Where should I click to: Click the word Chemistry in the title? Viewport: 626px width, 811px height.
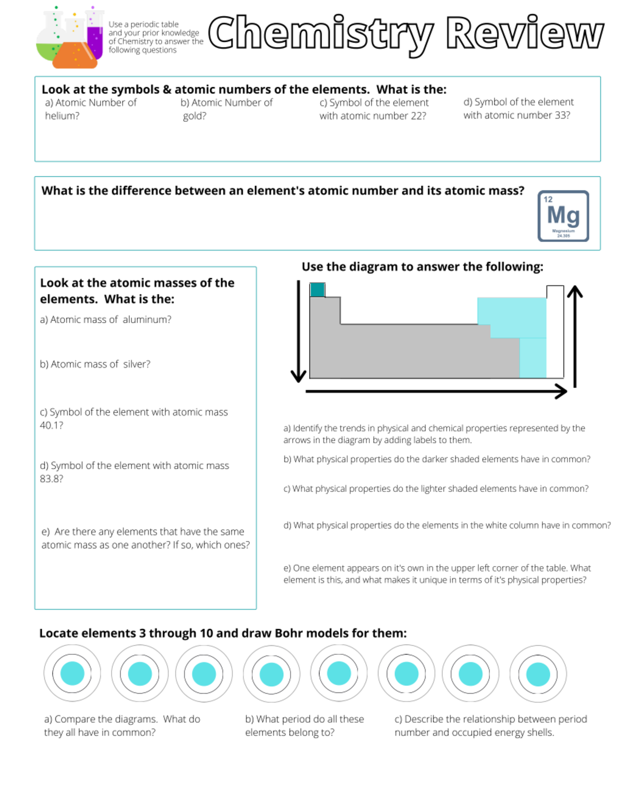(320, 34)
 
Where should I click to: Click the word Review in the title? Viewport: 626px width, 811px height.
(525, 34)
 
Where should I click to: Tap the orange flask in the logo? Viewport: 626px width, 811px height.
(75, 52)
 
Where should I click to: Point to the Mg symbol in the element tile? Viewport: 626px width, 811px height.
(563, 215)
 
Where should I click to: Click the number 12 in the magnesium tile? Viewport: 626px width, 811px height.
(548, 199)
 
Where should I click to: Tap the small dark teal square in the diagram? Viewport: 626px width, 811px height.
(317, 289)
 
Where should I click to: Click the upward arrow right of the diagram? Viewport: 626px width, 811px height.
(575, 334)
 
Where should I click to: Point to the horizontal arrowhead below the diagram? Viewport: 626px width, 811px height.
(561, 391)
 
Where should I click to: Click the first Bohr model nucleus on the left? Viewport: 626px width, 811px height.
(72, 673)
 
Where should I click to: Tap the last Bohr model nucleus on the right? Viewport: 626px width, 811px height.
(538, 674)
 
